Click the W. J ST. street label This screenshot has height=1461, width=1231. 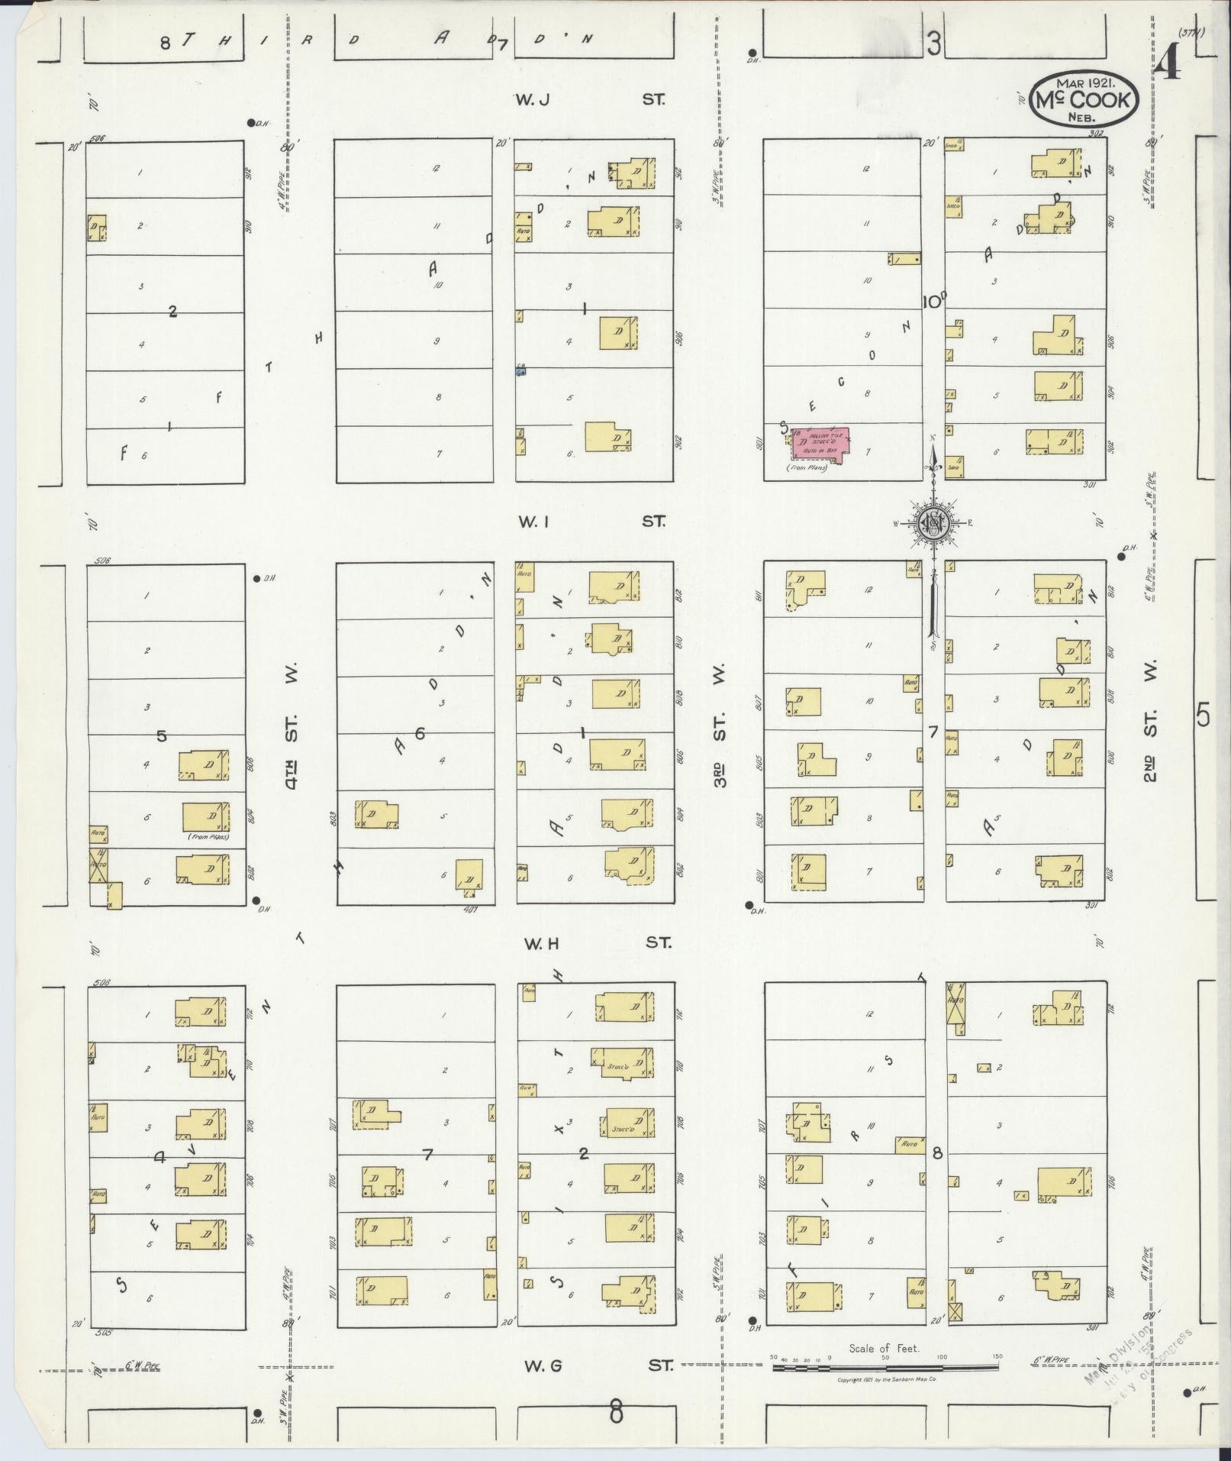click(590, 99)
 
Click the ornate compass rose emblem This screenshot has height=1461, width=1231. click(933, 522)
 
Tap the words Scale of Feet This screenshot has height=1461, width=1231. click(884, 1349)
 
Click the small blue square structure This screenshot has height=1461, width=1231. click(520, 371)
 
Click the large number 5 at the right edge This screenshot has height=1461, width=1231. click(1204, 715)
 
